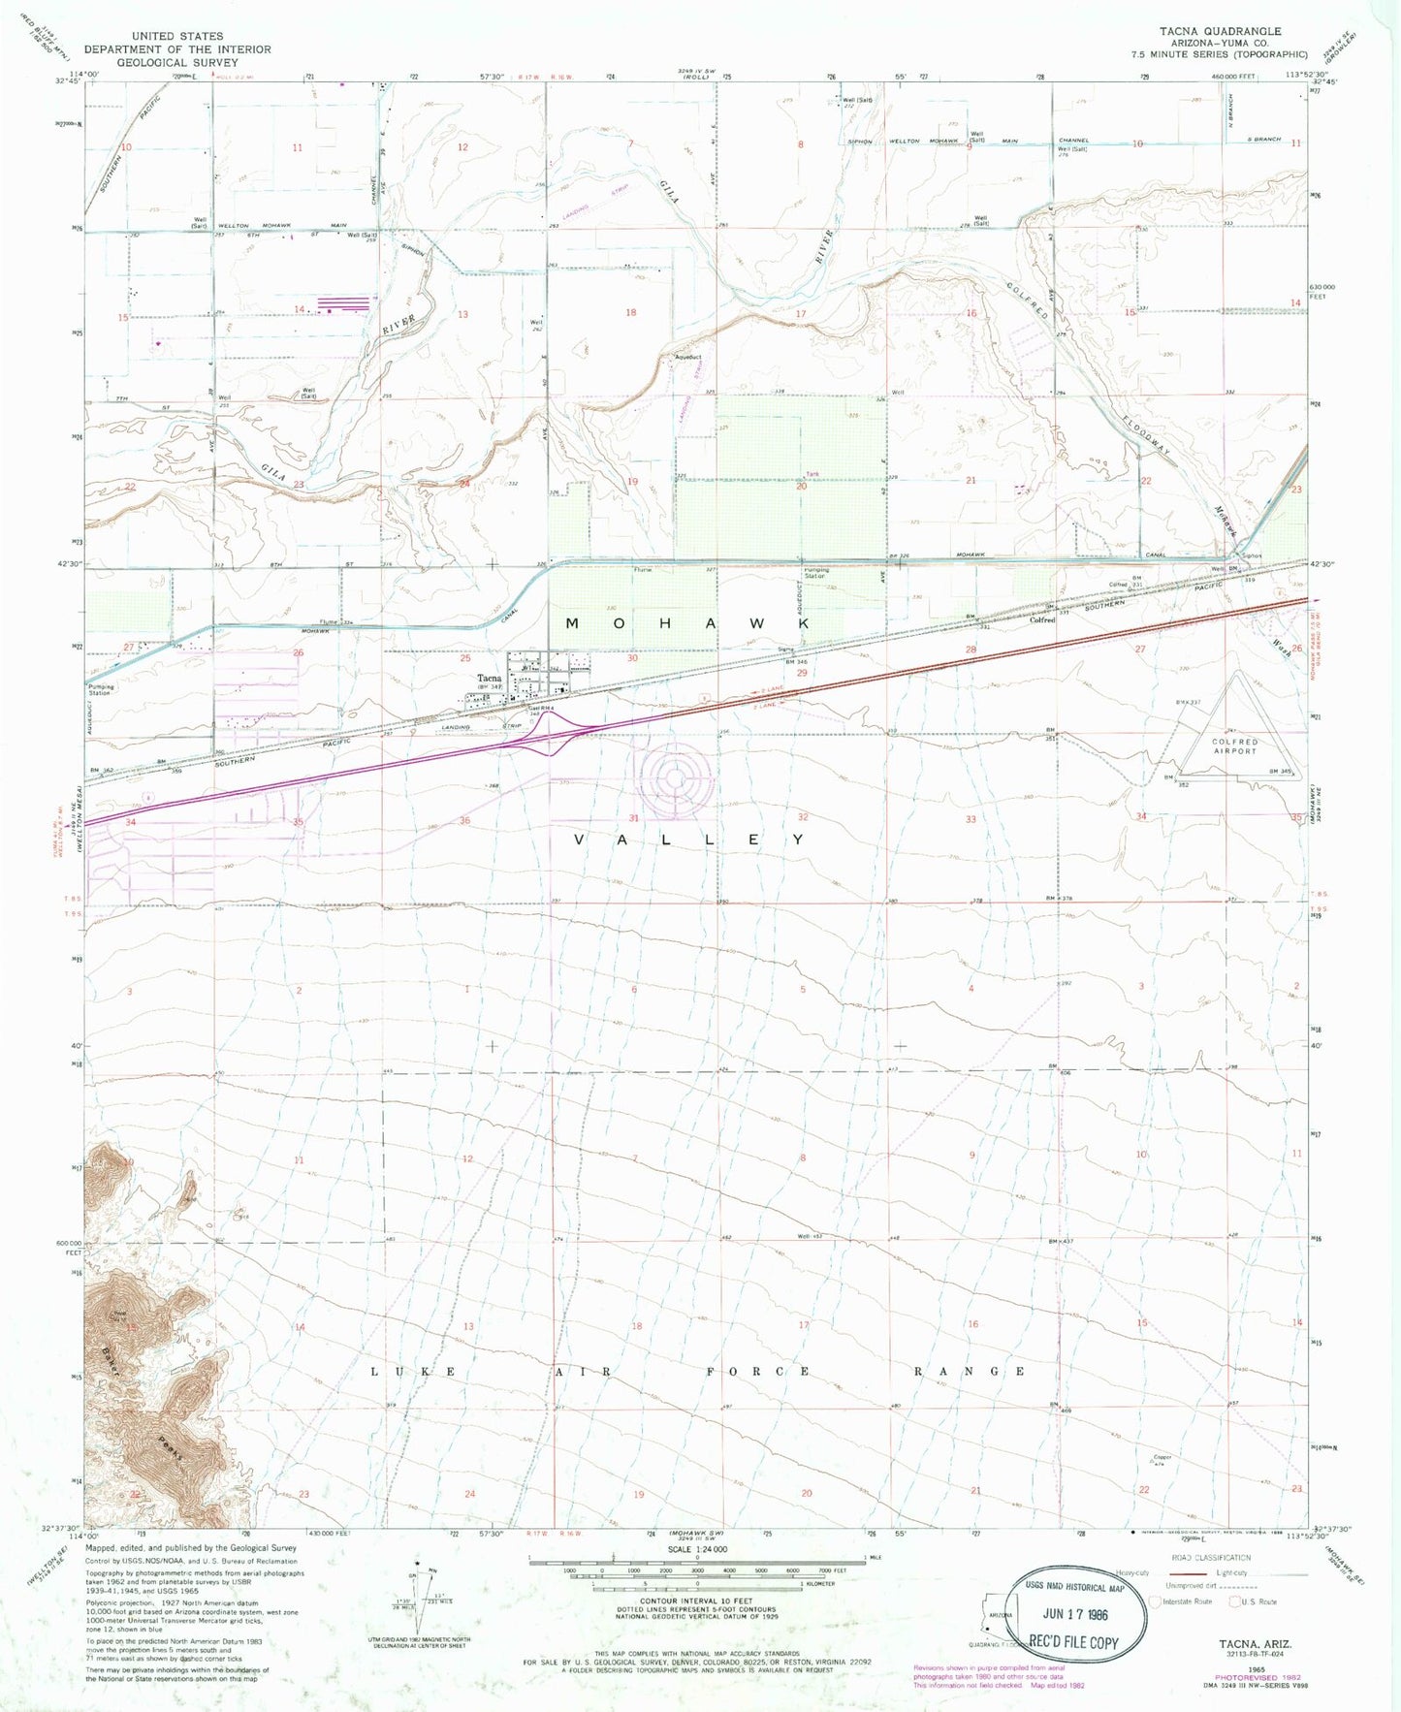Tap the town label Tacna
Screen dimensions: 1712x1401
click(x=489, y=679)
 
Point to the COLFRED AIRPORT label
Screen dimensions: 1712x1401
click(x=1234, y=746)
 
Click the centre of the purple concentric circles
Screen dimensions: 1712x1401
click(x=675, y=776)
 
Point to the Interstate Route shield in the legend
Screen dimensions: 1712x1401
click(x=1156, y=1601)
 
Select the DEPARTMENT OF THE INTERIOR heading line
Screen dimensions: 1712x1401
click(x=177, y=48)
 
